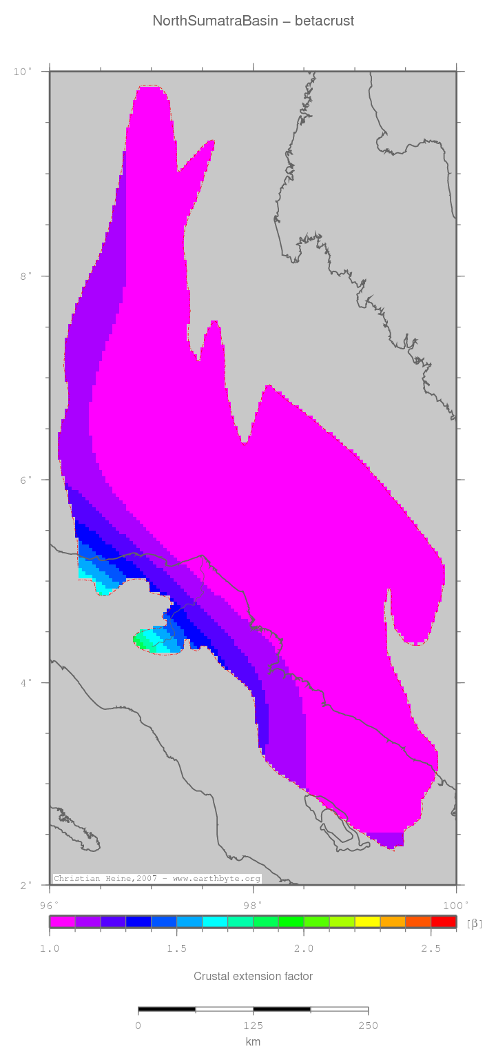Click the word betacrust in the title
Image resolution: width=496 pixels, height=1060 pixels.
pyautogui.click(x=324, y=21)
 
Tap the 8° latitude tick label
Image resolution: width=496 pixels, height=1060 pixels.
pyautogui.click(x=25, y=276)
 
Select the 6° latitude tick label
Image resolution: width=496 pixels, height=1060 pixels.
pyautogui.click(x=25, y=480)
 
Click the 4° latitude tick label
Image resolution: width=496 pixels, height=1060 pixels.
pyautogui.click(x=25, y=683)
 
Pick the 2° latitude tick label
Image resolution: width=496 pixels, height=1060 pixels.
pyautogui.click(x=25, y=886)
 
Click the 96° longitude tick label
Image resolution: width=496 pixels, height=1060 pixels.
pyautogui.click(x=50, y=904)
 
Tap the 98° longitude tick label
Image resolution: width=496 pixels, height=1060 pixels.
pyautogui.click(x=253, y=904)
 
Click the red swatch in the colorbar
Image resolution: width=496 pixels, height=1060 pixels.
pyautogui.click(x=444, y=921)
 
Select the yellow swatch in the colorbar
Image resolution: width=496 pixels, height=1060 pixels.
pyautogui.click(x=367, y=921)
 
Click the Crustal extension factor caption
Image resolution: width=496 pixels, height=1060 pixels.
pyautogui.click(x=253, y=977)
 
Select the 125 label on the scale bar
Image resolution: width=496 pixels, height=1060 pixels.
pyautogui.click(x=253, y=1026)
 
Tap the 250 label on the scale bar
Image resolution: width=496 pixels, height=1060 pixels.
pyautogui.click(x=368, y=1026)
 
